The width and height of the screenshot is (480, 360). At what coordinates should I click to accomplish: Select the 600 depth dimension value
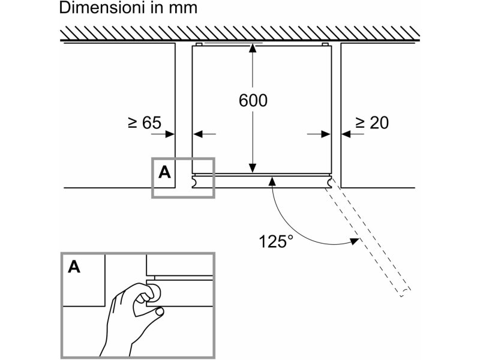click(x=253, y=100)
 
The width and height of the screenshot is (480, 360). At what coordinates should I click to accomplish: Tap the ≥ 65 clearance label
click(x=144, y=123)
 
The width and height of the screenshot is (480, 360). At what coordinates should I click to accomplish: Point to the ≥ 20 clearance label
click(x=372, y=123)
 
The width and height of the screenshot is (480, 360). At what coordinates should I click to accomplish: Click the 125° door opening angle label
click(x=276, y=241)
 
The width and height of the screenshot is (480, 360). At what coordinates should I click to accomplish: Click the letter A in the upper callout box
click(x=164, y=172)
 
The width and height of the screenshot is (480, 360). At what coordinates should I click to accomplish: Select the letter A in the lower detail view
click(x=74, y=266)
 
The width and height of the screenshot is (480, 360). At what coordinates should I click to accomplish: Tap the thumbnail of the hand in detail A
click(x=159, y=311)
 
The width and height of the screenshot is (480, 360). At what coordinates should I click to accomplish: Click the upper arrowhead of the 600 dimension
click(x=252, y=49)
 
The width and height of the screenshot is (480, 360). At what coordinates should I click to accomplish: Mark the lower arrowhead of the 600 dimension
click(x=252, y=168)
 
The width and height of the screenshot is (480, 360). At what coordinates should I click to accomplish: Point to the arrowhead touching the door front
click(x=272, y=181)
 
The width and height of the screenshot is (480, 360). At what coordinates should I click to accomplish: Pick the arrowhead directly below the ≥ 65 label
click(x=170, y=134)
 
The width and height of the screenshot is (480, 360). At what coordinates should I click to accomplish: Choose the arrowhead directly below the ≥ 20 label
click(x=346, y=134)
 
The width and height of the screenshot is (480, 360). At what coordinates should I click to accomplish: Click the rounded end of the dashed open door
click(x=405, y=292)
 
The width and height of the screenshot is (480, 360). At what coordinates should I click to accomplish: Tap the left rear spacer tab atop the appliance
click(x=199, y=44)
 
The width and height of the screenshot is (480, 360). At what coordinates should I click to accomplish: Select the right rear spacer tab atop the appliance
click(x=325, y=44)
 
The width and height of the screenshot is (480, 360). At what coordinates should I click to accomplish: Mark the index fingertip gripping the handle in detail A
click(x=156, y=291)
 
